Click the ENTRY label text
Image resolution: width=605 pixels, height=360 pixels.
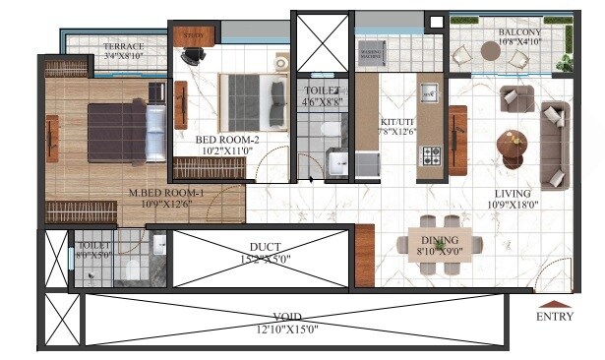tap(554, 317)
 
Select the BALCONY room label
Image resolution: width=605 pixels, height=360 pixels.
tap(506, 32)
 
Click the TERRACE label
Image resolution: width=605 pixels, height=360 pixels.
tap(124, 46)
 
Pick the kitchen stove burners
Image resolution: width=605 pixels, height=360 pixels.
tap(431, 155)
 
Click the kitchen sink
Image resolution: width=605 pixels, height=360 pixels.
tap(428, 94)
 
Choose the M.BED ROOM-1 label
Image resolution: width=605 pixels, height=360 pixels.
tap(165, 193)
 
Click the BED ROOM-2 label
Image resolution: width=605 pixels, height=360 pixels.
tap(226, 140)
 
